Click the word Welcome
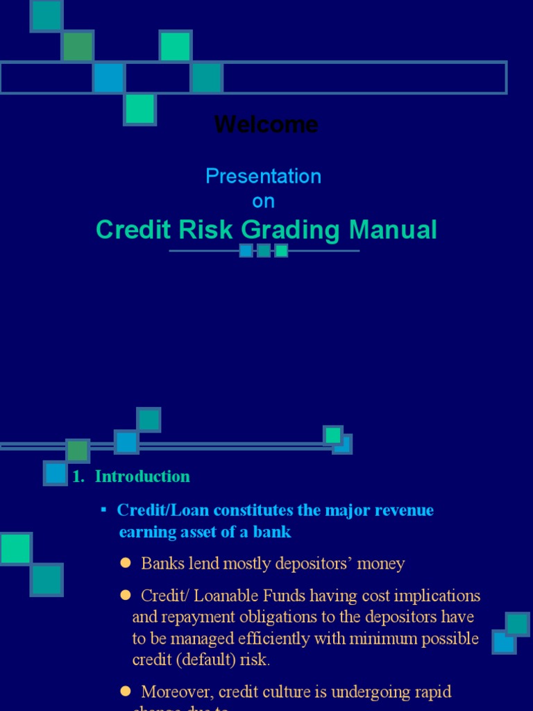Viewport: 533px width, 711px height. tap(266, 125)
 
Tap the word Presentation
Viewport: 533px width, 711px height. tap(263, 176)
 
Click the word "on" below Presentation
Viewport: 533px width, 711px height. tap(263, 201)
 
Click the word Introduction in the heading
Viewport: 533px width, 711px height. tap(142, 476)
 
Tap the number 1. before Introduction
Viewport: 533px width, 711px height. tap(78, 476)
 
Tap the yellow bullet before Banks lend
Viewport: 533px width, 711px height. tap(126, 562)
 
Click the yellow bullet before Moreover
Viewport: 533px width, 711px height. tap(126, 691)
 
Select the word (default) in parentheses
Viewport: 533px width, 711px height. tap(205, 660)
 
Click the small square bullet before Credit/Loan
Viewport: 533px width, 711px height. tap(104, 510)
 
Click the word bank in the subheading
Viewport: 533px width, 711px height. tap(274, 533)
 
